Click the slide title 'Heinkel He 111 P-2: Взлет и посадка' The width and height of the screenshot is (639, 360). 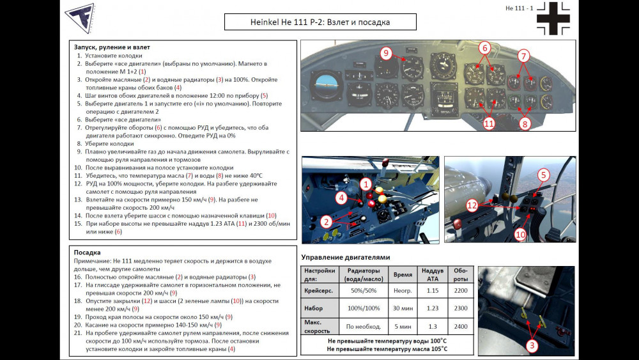click(x=319, y=22)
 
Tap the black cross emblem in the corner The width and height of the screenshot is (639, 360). click(x=553, y=19)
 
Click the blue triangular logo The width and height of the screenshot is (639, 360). click(x=79, y=18)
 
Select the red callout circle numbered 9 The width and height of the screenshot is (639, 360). click(x=386, y=53)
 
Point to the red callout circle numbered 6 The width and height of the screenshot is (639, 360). click(x=484, y=47)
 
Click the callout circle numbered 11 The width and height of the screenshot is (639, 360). click(x=489, y=123)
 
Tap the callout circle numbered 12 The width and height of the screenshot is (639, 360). click(x=472, y=205)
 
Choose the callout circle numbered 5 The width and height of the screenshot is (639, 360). click(x=543, y=175)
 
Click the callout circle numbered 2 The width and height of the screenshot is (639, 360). click(x=326, y=222)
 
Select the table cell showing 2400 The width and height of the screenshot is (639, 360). click(x=460, y=327)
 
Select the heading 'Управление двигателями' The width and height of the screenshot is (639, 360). click(x=345, y=257)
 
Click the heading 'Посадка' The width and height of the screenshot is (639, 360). click(x=87, y=253)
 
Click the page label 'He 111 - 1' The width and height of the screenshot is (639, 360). click(x=518, y=8)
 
